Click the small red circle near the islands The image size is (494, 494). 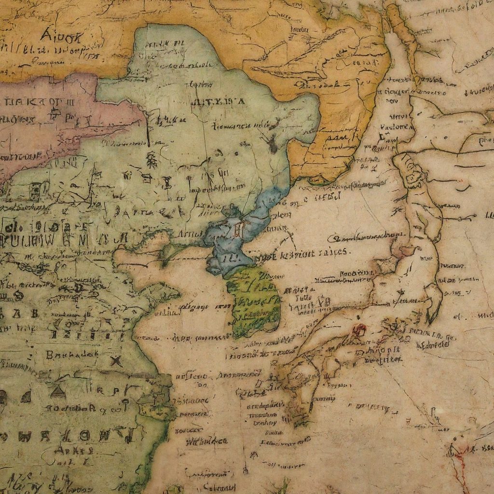point(359,329)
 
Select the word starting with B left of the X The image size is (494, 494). point(70,354)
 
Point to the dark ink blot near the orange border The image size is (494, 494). point(272,143)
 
